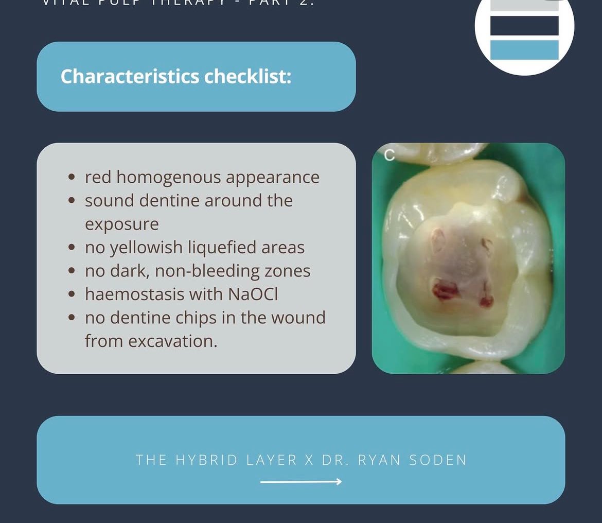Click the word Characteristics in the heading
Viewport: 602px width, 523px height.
[x=130, y=77]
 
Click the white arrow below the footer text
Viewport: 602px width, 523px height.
[x=301, y=482]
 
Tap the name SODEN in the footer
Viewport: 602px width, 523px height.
[x=437, y=460]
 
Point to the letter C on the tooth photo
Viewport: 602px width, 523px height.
[x=389, y=155]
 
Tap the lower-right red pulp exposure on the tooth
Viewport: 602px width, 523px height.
[x=486, y=299]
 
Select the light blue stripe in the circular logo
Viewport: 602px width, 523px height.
[x=524, y=50]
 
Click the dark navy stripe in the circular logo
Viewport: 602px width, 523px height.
[x=524, y=26]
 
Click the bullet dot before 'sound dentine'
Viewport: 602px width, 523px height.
[x=73, y=201]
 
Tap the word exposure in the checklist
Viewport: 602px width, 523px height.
[x=122, y=224]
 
